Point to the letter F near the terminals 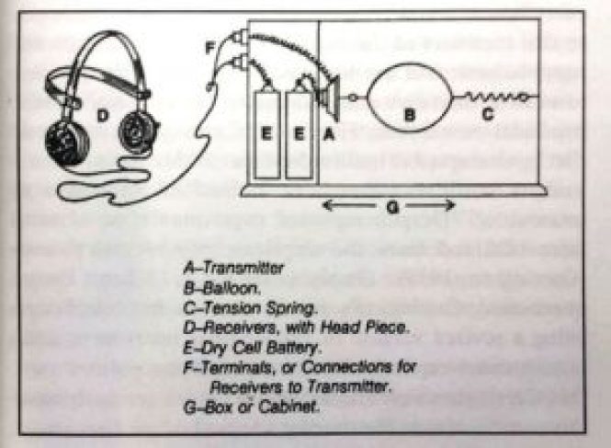click(x=209, y=43)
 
